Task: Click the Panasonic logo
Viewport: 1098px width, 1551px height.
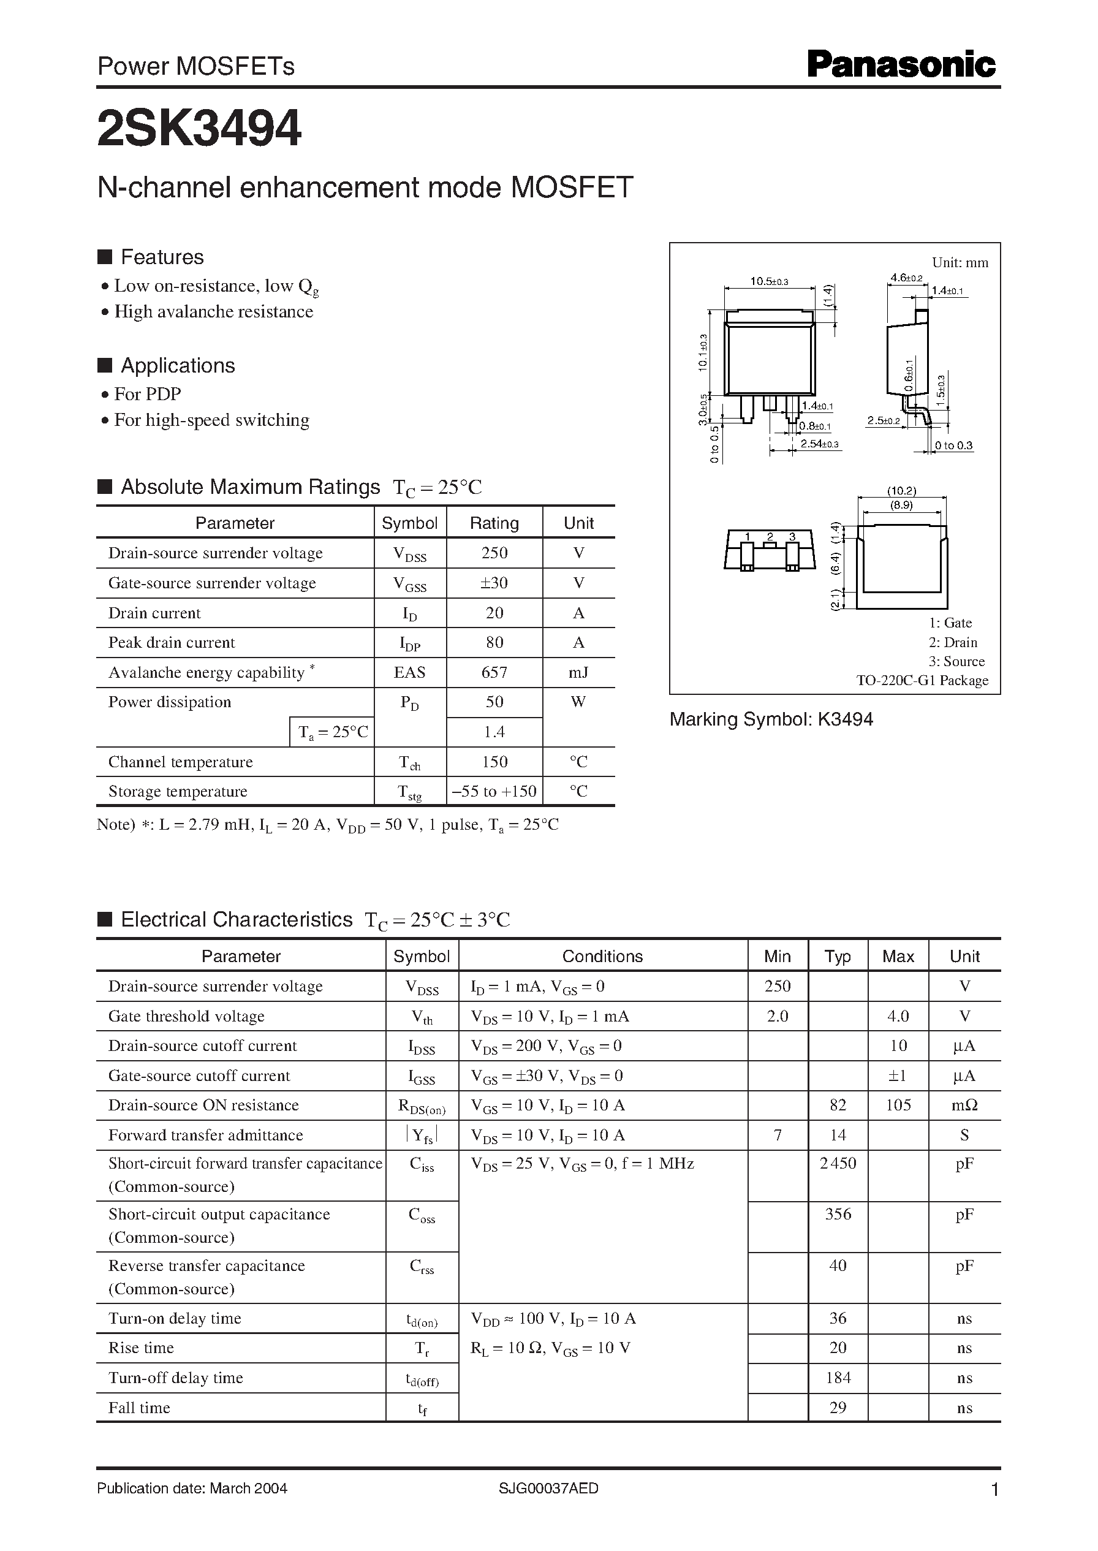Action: coord(901,66)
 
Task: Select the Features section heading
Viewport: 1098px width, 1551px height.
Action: coord(162,257)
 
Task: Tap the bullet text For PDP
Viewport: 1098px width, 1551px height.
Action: coord(148,393)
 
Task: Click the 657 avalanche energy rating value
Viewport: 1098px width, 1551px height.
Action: coord(494,672)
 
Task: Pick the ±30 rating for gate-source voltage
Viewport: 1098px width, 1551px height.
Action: coord(494,583)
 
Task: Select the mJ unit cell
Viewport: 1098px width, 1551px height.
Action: coord(578,672)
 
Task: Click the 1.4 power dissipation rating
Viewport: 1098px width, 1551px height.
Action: coord(494,732)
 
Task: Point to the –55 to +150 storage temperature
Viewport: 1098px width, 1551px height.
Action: coord(494,791)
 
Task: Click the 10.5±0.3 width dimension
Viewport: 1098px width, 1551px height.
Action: coord(769,281)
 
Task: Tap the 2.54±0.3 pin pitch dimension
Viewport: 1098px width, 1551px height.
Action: coord(819,444)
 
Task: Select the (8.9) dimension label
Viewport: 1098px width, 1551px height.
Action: coord(901,504)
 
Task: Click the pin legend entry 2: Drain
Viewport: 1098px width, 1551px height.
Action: coord(953,642)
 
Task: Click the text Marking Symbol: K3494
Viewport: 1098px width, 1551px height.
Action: coord(771,719)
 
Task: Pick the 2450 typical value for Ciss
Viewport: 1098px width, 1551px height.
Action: coord(838,1163)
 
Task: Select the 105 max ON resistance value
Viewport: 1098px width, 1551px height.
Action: coord(898,1105)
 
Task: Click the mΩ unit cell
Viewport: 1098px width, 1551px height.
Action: coord(964,1105)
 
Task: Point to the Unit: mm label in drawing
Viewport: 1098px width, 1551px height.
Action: coord(960,262)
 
